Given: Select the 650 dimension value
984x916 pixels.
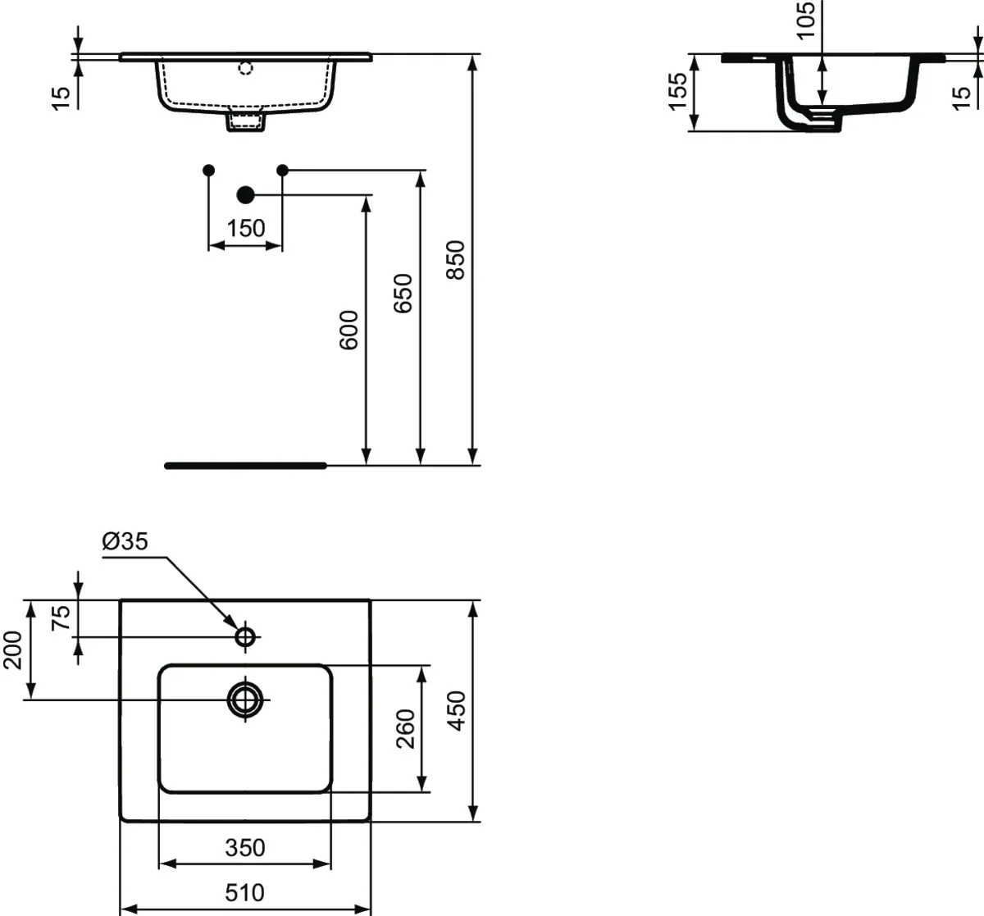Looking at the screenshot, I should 403,294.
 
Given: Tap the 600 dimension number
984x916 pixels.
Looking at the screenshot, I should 349,330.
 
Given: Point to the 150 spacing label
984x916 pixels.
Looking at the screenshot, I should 246,228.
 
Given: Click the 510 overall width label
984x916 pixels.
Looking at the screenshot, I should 245,892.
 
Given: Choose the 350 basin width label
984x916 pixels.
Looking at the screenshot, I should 245,847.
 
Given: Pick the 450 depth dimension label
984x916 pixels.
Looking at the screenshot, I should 457,710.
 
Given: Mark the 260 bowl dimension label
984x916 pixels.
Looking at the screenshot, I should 406,728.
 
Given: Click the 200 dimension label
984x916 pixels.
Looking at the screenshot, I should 13,650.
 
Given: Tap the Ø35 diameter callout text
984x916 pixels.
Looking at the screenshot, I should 125,541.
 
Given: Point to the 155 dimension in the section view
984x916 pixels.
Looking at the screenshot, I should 676,91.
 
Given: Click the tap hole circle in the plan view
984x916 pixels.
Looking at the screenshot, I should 245,636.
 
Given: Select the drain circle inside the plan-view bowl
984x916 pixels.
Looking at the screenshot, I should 245,700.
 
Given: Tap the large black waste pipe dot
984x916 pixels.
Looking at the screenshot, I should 245,194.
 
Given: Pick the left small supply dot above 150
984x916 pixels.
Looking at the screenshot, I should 208,170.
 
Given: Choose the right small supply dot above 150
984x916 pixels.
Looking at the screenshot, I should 282,170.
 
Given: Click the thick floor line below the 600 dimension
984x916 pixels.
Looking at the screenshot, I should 245,465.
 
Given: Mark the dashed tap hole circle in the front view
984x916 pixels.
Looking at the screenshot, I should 245,68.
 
